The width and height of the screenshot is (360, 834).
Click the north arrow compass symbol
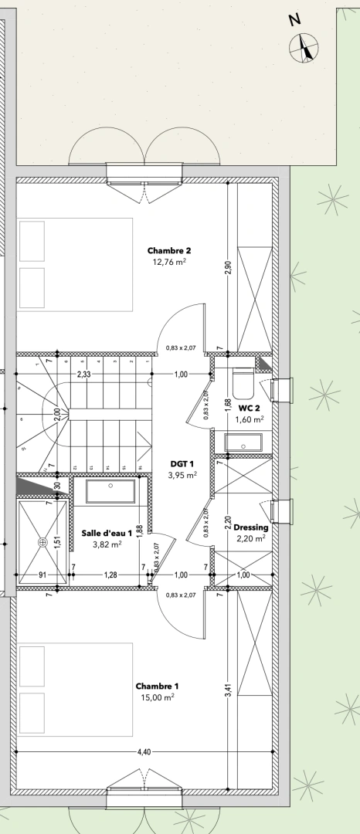click(x=304, y=47)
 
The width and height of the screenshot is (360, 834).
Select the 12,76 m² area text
click(x=169, y=262)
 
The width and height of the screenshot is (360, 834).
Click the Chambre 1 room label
click(x=158, y=686)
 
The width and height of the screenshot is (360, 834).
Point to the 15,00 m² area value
click(x=158, y=697)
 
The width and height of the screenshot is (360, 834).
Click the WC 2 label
click(x=250, y=408)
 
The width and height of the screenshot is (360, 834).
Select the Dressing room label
click(x=251, y=527)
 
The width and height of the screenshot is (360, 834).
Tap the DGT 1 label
click(x=182, y=464)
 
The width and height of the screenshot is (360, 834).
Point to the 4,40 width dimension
click(x=144, y=751)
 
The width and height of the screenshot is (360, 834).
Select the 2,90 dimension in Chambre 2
click(x=228, y=268)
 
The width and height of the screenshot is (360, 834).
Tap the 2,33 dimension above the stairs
click(x=83, y=375)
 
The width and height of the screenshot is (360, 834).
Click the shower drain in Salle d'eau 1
click(x=44, y=541)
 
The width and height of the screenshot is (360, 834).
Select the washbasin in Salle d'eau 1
click(x=111, y=491)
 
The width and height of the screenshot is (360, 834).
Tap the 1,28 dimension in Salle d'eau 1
click(x=110, y=575)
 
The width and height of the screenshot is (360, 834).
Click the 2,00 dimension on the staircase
click(x=56, y=412)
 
